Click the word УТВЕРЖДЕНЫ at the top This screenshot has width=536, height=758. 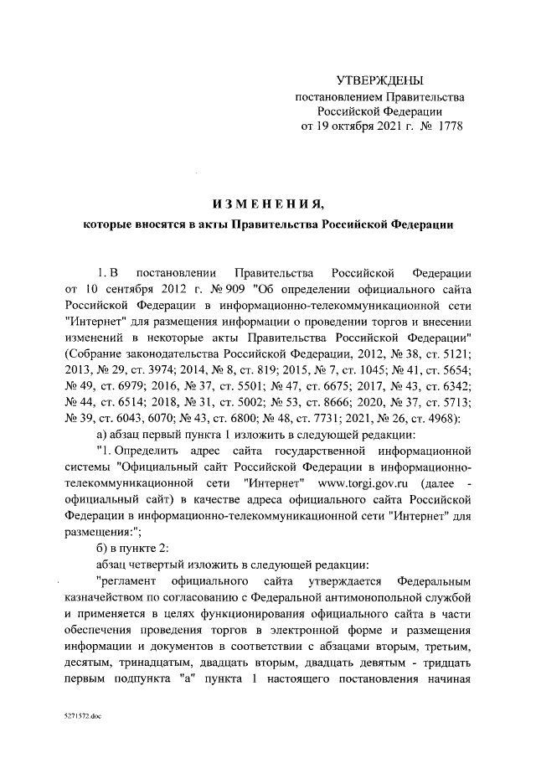[x=379, y=81]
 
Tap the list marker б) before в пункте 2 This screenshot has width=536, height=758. [x=103, y=549]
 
